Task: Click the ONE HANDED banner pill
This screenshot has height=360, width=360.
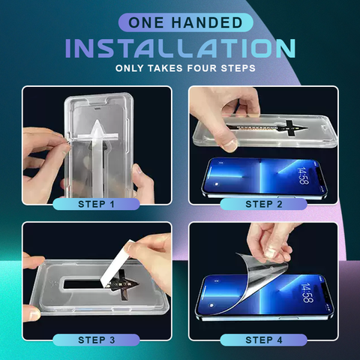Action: click(185, 22)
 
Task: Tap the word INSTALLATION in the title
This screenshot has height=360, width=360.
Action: click(180, 49)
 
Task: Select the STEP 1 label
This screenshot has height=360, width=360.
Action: click(96, 204)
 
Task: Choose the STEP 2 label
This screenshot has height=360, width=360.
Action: click(264, 204)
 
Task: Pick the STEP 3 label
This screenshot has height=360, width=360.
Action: click(96, 340)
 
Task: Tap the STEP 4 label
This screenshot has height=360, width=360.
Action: click(264, 340)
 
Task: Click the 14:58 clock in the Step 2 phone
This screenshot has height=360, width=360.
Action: click(302, 175)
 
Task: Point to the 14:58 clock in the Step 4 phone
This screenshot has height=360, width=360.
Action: click(307, 292)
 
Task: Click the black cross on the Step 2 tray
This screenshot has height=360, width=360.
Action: click(290, 128)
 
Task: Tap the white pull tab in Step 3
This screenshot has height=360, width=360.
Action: click(116, 261)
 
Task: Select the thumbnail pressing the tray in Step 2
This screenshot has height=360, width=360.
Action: click(229, 145)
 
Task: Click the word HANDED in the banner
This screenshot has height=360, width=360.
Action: click(207, 22)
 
